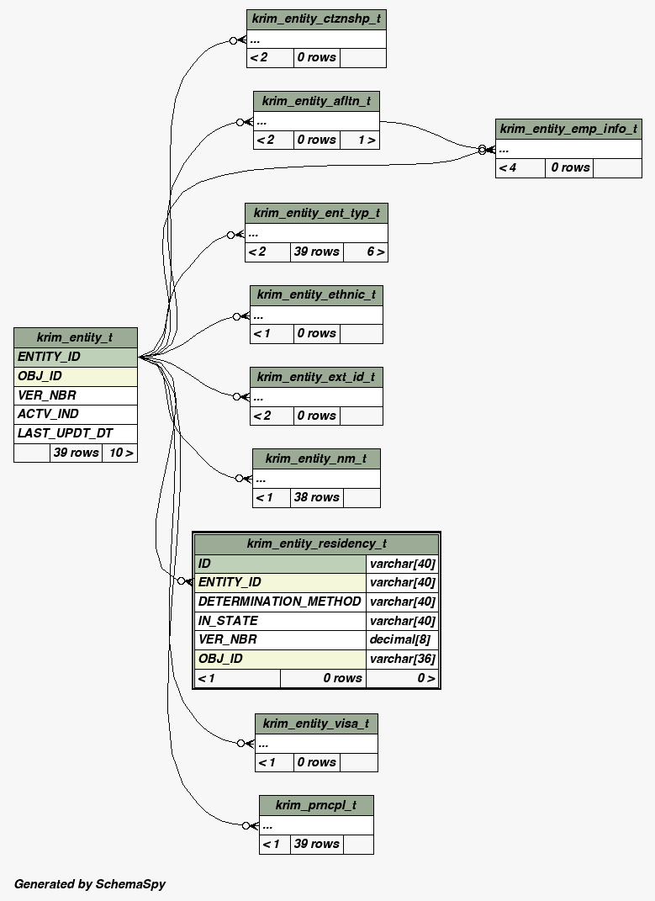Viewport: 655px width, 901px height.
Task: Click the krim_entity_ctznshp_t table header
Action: click(x=316, y=19)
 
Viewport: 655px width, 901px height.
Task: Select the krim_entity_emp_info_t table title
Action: click(x=568, y=129)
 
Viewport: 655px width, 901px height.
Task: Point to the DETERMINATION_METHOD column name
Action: click(x=280, y=602)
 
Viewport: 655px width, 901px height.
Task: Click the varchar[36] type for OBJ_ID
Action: click(x=402, y=659)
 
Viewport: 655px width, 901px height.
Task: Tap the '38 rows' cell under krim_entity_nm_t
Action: click(x=316, y=497)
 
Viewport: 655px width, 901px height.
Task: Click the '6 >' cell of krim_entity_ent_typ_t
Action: click(x=376, y=252)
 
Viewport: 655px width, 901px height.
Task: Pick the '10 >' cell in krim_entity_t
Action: click(x=120, y=453)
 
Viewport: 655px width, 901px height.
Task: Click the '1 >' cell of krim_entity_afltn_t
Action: click(x=367, y=140)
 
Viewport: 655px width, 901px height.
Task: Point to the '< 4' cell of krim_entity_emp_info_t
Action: click(x=508, y=167)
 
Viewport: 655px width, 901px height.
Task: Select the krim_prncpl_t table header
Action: click(x=316, y=805)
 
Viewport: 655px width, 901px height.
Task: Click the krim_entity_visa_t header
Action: click(x=316, y=723)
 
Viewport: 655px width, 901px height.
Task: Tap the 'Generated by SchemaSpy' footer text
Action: click(x=90, y=883)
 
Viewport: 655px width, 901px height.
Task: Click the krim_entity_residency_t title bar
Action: click(x=316, y=543)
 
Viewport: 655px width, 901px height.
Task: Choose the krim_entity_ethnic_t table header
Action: click(x=316, y=294)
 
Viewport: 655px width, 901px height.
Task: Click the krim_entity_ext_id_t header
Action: click(x=316, y=377)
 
